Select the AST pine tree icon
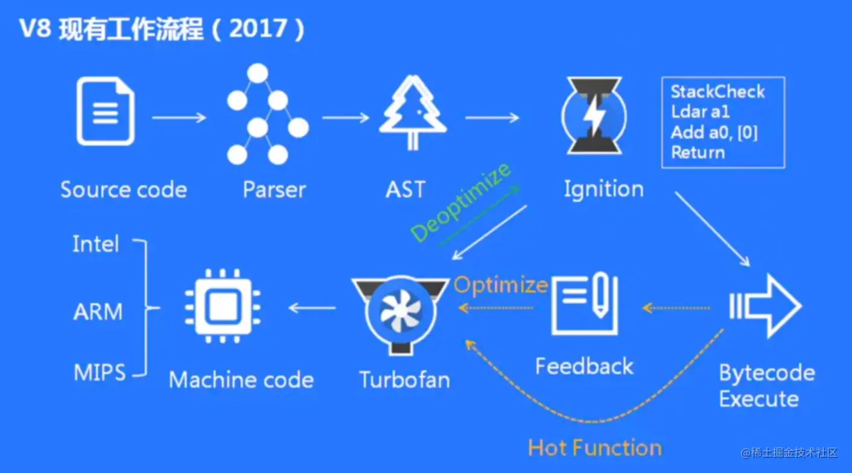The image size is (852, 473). [413, 114]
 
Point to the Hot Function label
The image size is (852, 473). [595, 448]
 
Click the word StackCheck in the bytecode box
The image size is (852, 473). [717, 92]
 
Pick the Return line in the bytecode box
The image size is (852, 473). [698, 152]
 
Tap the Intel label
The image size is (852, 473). [96, 244]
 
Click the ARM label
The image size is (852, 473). [98, 312]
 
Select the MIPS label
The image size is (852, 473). [100, 372]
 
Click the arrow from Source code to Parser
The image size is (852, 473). [179, 117]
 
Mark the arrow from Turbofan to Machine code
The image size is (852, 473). [312, 308]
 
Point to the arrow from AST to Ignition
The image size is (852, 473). [492, 117]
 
